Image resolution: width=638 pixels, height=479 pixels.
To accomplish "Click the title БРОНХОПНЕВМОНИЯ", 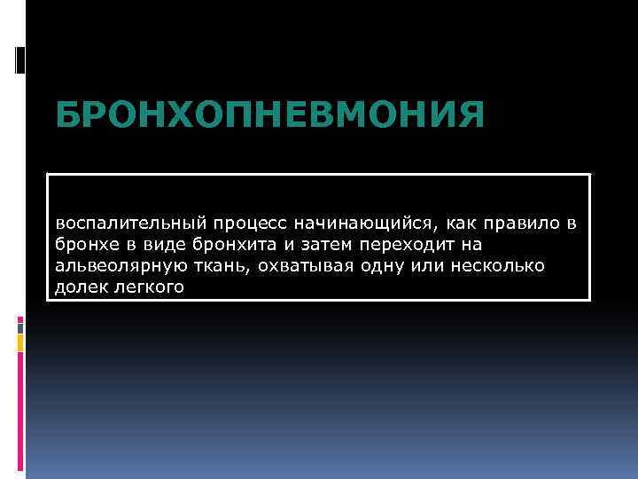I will [270, 114].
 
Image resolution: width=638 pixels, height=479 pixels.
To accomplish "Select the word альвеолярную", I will [116, 266].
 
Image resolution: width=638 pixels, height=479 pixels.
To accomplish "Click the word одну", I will [384, 266].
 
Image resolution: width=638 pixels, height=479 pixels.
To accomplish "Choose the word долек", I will [79, 287].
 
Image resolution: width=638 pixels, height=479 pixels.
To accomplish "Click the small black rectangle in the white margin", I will [20, 59].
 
